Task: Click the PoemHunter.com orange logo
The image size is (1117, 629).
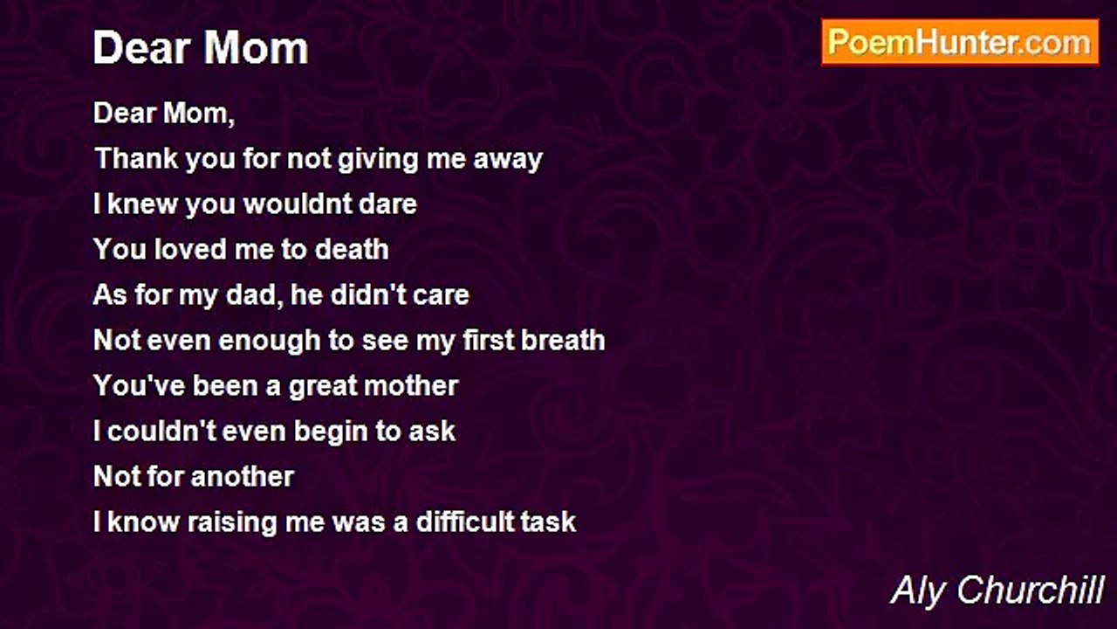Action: tap(960, 43)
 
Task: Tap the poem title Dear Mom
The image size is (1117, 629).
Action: tap(201, 48)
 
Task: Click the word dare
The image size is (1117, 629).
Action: tap(388, 204)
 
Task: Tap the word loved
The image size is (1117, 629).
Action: tap(190, 249)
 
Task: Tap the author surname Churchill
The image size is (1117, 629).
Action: tap(1031, 591)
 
